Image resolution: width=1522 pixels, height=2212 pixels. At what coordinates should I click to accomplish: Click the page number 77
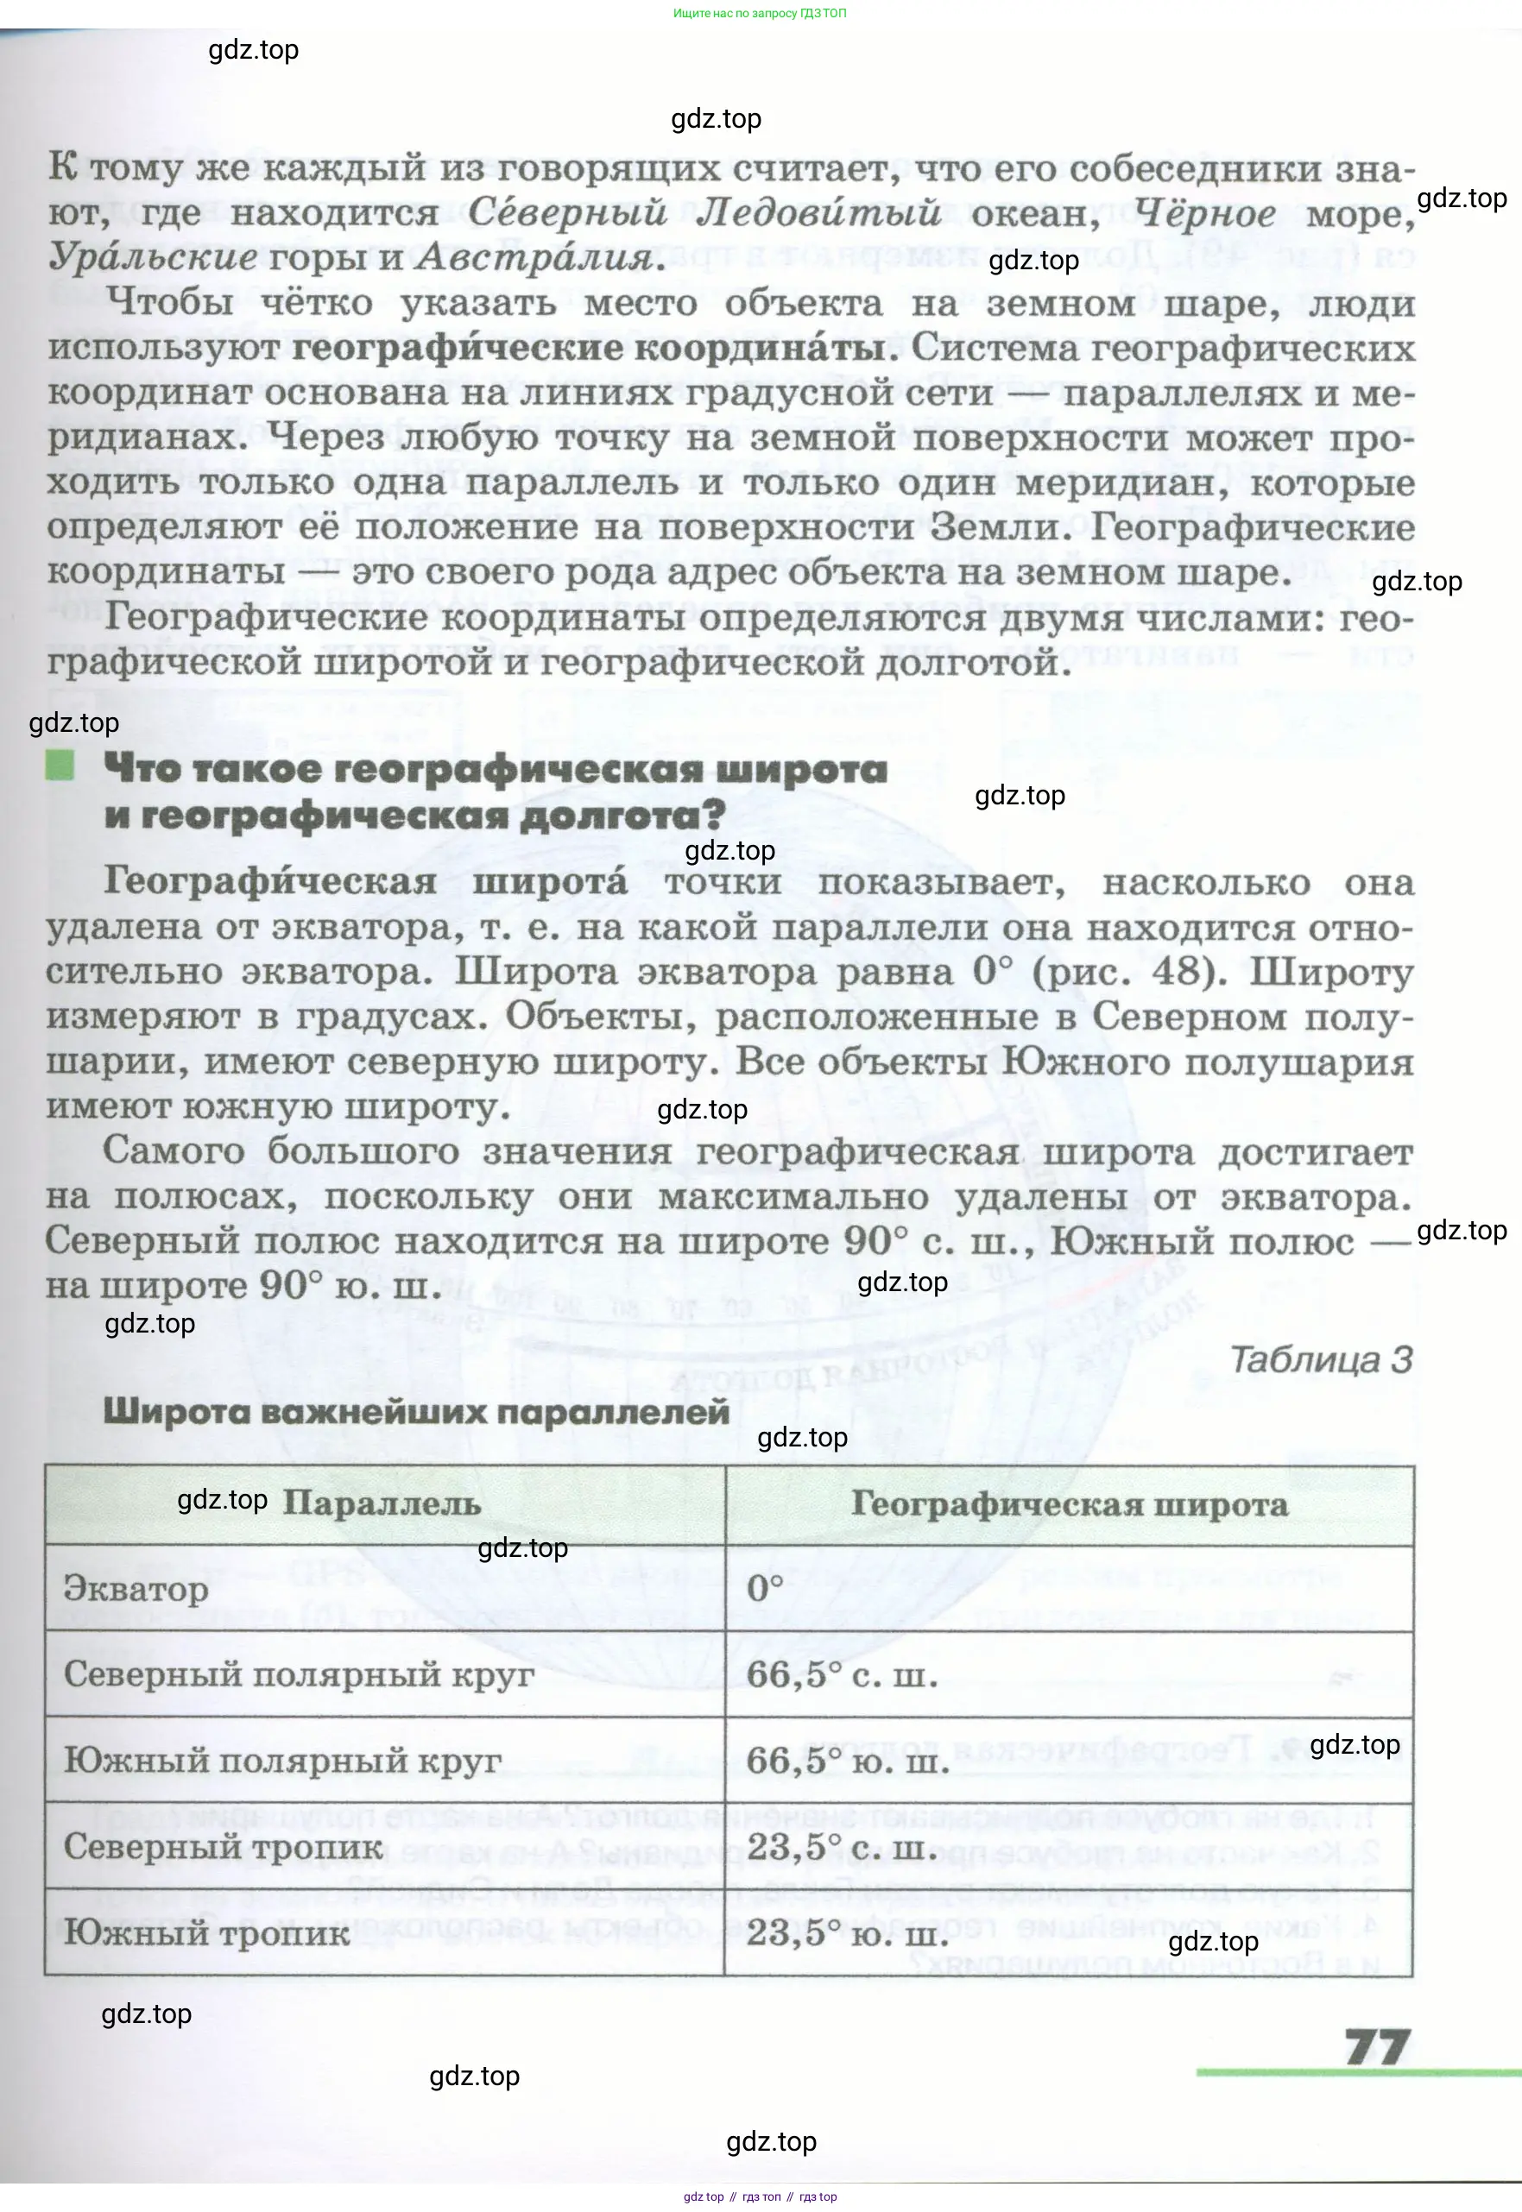coord(1377,2047)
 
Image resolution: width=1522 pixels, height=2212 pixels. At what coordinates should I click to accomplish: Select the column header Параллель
coord(382,1503)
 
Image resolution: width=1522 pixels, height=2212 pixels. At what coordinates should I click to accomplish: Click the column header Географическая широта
coord(1069,1503)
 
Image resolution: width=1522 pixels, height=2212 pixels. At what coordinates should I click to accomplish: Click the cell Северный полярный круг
coord(299,1674)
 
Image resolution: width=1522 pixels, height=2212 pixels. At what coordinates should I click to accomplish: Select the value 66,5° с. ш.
coord(842,1674)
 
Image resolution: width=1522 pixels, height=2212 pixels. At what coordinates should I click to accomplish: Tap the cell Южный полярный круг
coord(282,1760)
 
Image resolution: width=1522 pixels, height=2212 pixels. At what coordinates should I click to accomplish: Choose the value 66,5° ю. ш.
coord(848,1760)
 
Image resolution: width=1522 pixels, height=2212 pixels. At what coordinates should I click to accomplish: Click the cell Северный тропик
coord(223,1847)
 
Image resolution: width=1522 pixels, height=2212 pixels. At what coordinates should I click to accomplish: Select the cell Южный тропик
coord(207,1932)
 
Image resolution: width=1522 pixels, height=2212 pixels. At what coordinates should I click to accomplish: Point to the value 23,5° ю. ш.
coord(848,1932)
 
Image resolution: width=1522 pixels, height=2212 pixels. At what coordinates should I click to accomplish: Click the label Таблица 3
coord(1321,1359)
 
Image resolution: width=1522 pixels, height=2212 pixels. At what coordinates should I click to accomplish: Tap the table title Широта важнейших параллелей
coord(416,1412)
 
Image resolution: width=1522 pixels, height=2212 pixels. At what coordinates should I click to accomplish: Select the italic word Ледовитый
coord(818,212)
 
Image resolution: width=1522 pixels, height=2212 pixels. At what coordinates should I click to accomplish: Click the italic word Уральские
coord(152,256)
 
